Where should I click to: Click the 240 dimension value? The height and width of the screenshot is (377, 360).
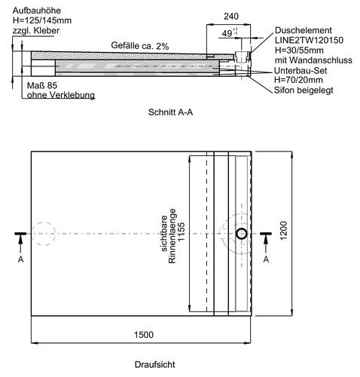pyautogui.click(x=231, y=17)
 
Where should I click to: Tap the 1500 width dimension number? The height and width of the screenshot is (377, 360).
pyautogui.click(x=144, y=335)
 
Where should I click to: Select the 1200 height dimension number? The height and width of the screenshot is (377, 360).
pyautogui.click(x=283, y=231)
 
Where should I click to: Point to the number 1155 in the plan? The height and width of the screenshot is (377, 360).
pyautogui.click(x=181, y=231)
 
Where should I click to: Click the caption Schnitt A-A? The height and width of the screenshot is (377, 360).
pyautogui.click(x=170, y=112)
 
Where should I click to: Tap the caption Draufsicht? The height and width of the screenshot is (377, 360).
pyautogui.click(x=154, y=364)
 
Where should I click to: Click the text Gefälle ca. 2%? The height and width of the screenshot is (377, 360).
pyautogui.click(x=140, y=45)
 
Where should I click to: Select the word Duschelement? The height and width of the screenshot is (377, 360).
pyautogui.click(x=304, y=30)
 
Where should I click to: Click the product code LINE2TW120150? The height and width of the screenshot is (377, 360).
pyautogui.click(x=309, y=40)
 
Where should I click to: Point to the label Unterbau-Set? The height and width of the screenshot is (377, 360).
pyautogui.click(x=301, y=71)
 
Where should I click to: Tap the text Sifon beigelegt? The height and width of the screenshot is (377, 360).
pyautogui.click(x=304, y=90)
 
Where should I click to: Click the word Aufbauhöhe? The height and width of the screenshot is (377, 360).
pyautogui.click(x=37, y=11)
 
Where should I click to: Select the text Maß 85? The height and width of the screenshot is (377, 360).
pyautogui.click(x=42, y=86)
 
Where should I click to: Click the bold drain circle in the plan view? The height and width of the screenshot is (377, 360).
pyautogui.click(x=242, y=234)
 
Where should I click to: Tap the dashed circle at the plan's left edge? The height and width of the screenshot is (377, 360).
pyautogui.click(x=43, y=234)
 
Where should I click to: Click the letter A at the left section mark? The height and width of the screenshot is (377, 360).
pyautogui.click(x=20, y=259)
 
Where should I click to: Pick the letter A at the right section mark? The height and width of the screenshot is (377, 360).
pyautogui.click(x=266, y=259)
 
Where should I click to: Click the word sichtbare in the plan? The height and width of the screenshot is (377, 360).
pyautogui.click(x=164, y=233)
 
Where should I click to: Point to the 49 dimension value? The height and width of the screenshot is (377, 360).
pyautogui.click(x=227, y=33)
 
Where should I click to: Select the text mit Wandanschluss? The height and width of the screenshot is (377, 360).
pyautogui.click(x=313, y=60)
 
